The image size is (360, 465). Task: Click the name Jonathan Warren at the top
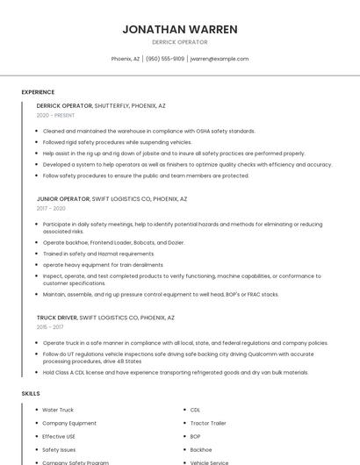point(180,29)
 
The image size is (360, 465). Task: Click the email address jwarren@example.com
point(220,59)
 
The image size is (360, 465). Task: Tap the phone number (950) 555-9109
point(165,59)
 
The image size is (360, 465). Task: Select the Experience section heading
point(38,92)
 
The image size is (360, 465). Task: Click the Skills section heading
point(31,394)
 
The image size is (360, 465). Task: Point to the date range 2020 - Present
point(55,115)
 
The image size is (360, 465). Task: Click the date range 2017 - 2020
point(51,208)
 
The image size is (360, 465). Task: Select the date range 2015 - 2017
point(51,326)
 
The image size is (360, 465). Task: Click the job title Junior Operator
point(63,198)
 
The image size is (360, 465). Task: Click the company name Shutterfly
point(112,105)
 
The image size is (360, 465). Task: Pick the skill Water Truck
point(58,410)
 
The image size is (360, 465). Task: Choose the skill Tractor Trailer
point(208,423)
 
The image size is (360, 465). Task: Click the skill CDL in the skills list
point(196,410)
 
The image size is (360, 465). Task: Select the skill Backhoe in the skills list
point(201,449)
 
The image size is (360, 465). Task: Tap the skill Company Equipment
point(68,423)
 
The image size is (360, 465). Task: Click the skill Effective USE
point(59,436)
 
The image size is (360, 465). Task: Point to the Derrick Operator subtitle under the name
point(180,42)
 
